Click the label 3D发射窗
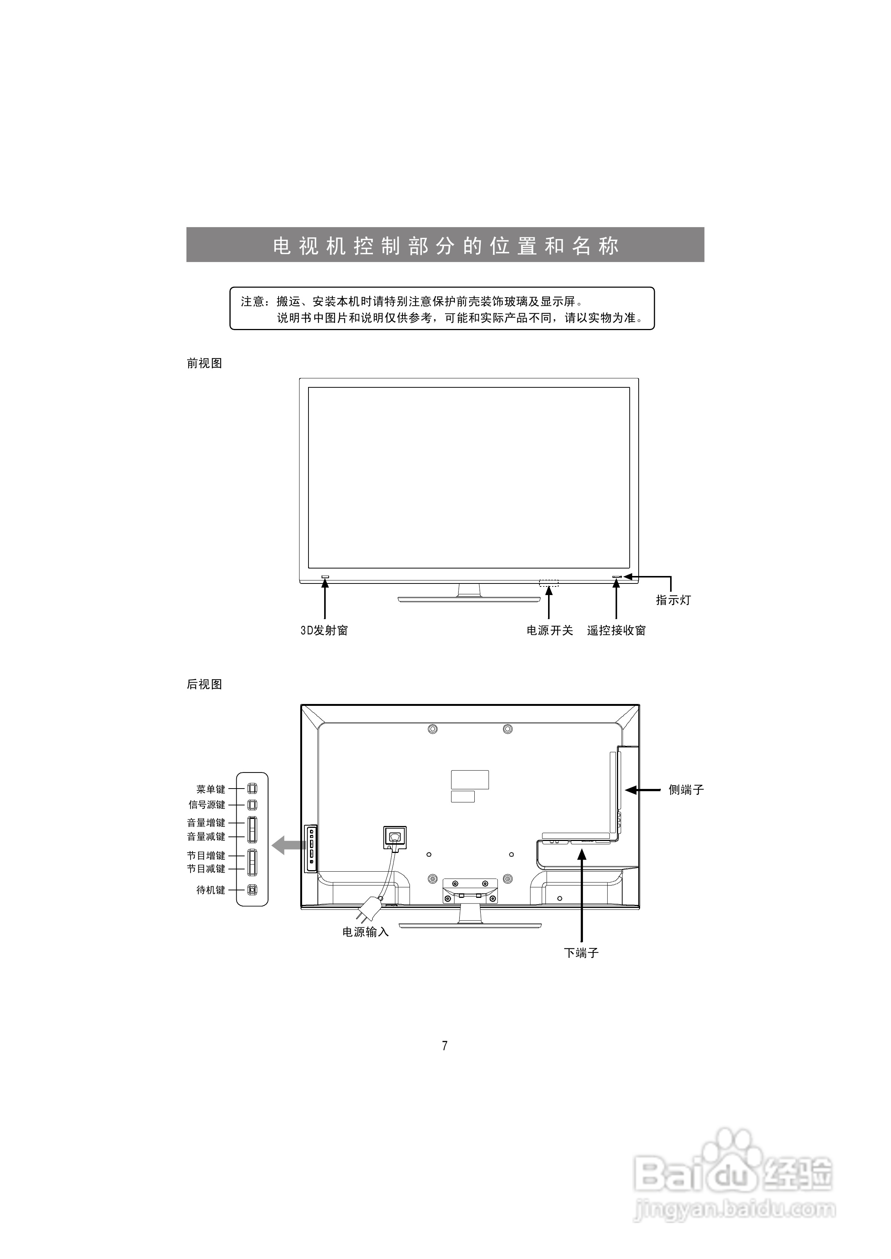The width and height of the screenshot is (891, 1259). pos(324,631)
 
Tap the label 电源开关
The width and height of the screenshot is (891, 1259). pos(550,631)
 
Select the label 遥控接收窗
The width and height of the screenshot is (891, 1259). pos(616,631)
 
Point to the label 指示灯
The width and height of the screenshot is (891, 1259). pos(673,600)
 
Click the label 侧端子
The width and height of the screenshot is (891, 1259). pos(686,790)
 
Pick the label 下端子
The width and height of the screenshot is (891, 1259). pos(581,953)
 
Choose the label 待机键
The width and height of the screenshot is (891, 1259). pos(211,890)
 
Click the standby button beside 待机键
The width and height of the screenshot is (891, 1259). pos(252,890)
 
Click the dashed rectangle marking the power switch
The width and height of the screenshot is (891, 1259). pos(549,582)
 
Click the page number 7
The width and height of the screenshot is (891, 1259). pos(445,1046)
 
